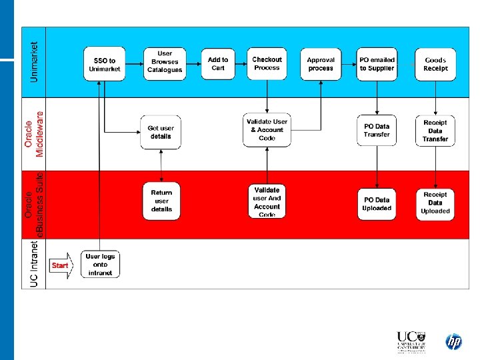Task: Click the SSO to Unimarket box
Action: pyautogui.click(x=104, y=64)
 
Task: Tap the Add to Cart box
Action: pyautogui.click(x=218, y=64)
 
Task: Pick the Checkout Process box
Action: pyautogui.click(x=267, y=64)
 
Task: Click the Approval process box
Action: pyautogui.click(x=321, y=64)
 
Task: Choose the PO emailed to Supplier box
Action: pyautogui.click(x=377, y=64)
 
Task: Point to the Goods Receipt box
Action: pyautogui.click(x=435, y=64)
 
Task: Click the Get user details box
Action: pyautogui.click(x=160, y=132)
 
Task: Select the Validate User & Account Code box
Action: pyautogui.click(x=267, y=129)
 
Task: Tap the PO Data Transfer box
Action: pyautogui.click(x=377, y=131)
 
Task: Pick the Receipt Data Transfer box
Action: pyautogui.click(x=435, y=131)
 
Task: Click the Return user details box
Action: pyautogui.click(x=161, y=201)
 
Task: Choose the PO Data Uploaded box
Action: pyautogui.click(x=377, y=203)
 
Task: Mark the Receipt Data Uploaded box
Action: pyautogui.click(x=435, y=203)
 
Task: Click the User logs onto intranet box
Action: pyautogui.click(x=100, y=265)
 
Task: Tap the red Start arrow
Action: pyautogui.click(x=60, y=265)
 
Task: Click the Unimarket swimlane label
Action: pyautogui.click(x=35, y=63)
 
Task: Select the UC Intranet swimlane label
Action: pyautogui.click(x=35, y=265)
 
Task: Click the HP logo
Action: pyautogui.click(x=453, y=342)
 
